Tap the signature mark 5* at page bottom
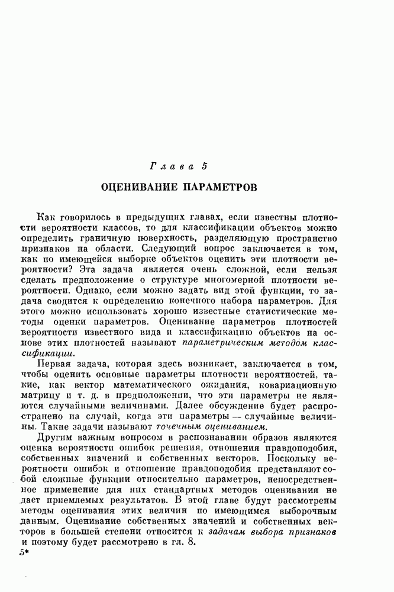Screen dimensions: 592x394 [24, 557]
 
